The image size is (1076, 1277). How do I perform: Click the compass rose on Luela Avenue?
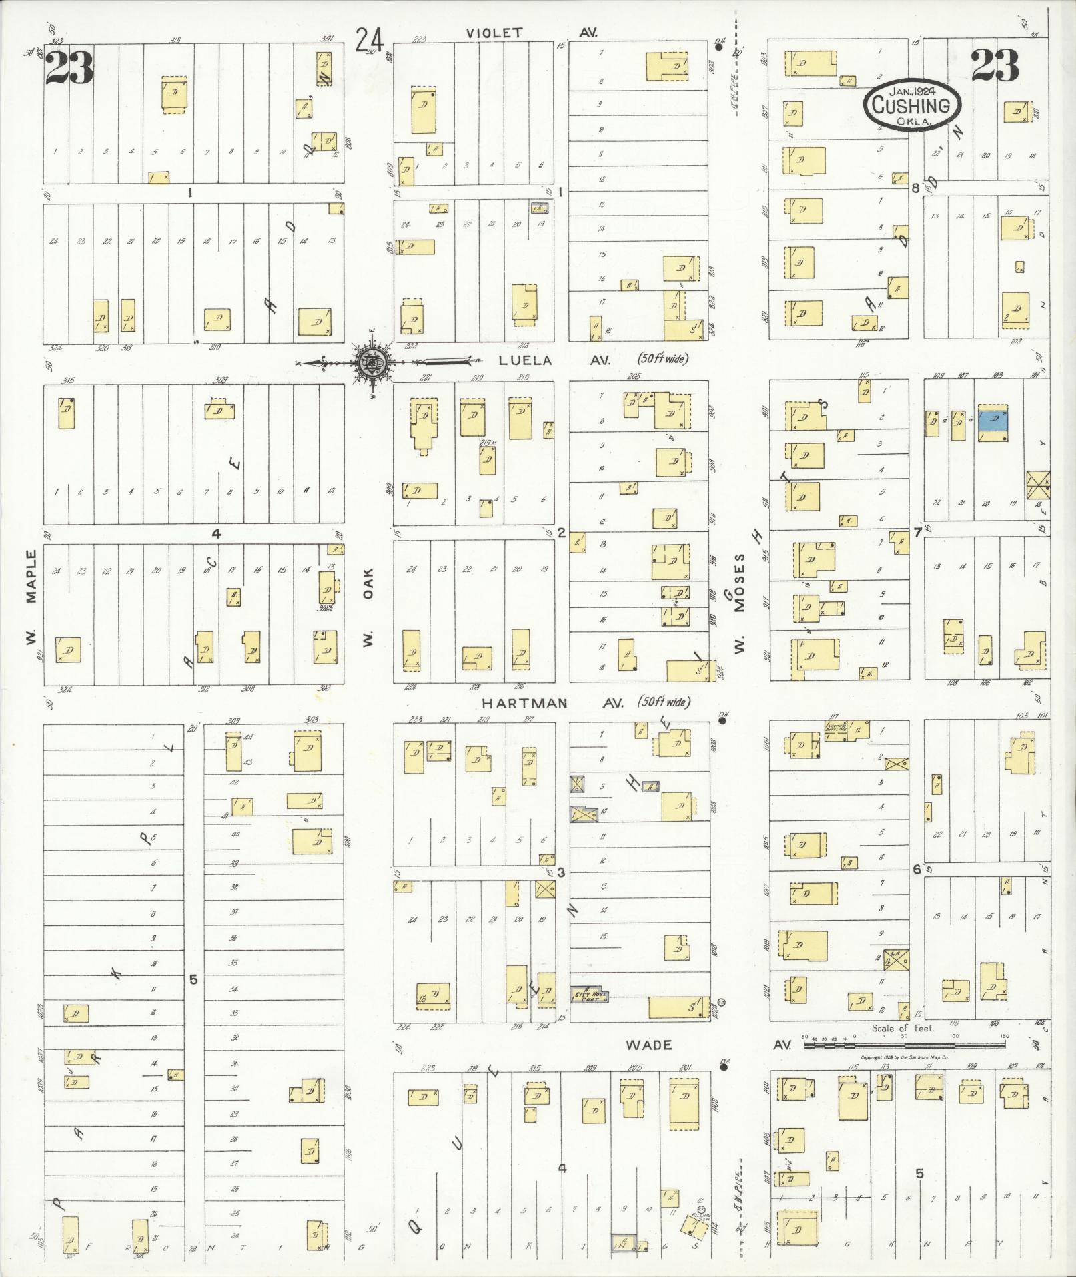(x=369, y=362)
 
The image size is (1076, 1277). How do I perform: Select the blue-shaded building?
(x=993, y=426)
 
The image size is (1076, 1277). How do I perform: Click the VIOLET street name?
(x=494, y=33)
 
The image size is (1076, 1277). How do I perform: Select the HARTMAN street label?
(x=524, y=704)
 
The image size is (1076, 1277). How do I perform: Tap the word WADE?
(x=649, y=1045)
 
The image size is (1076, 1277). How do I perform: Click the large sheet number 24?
(x=369, y=41)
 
